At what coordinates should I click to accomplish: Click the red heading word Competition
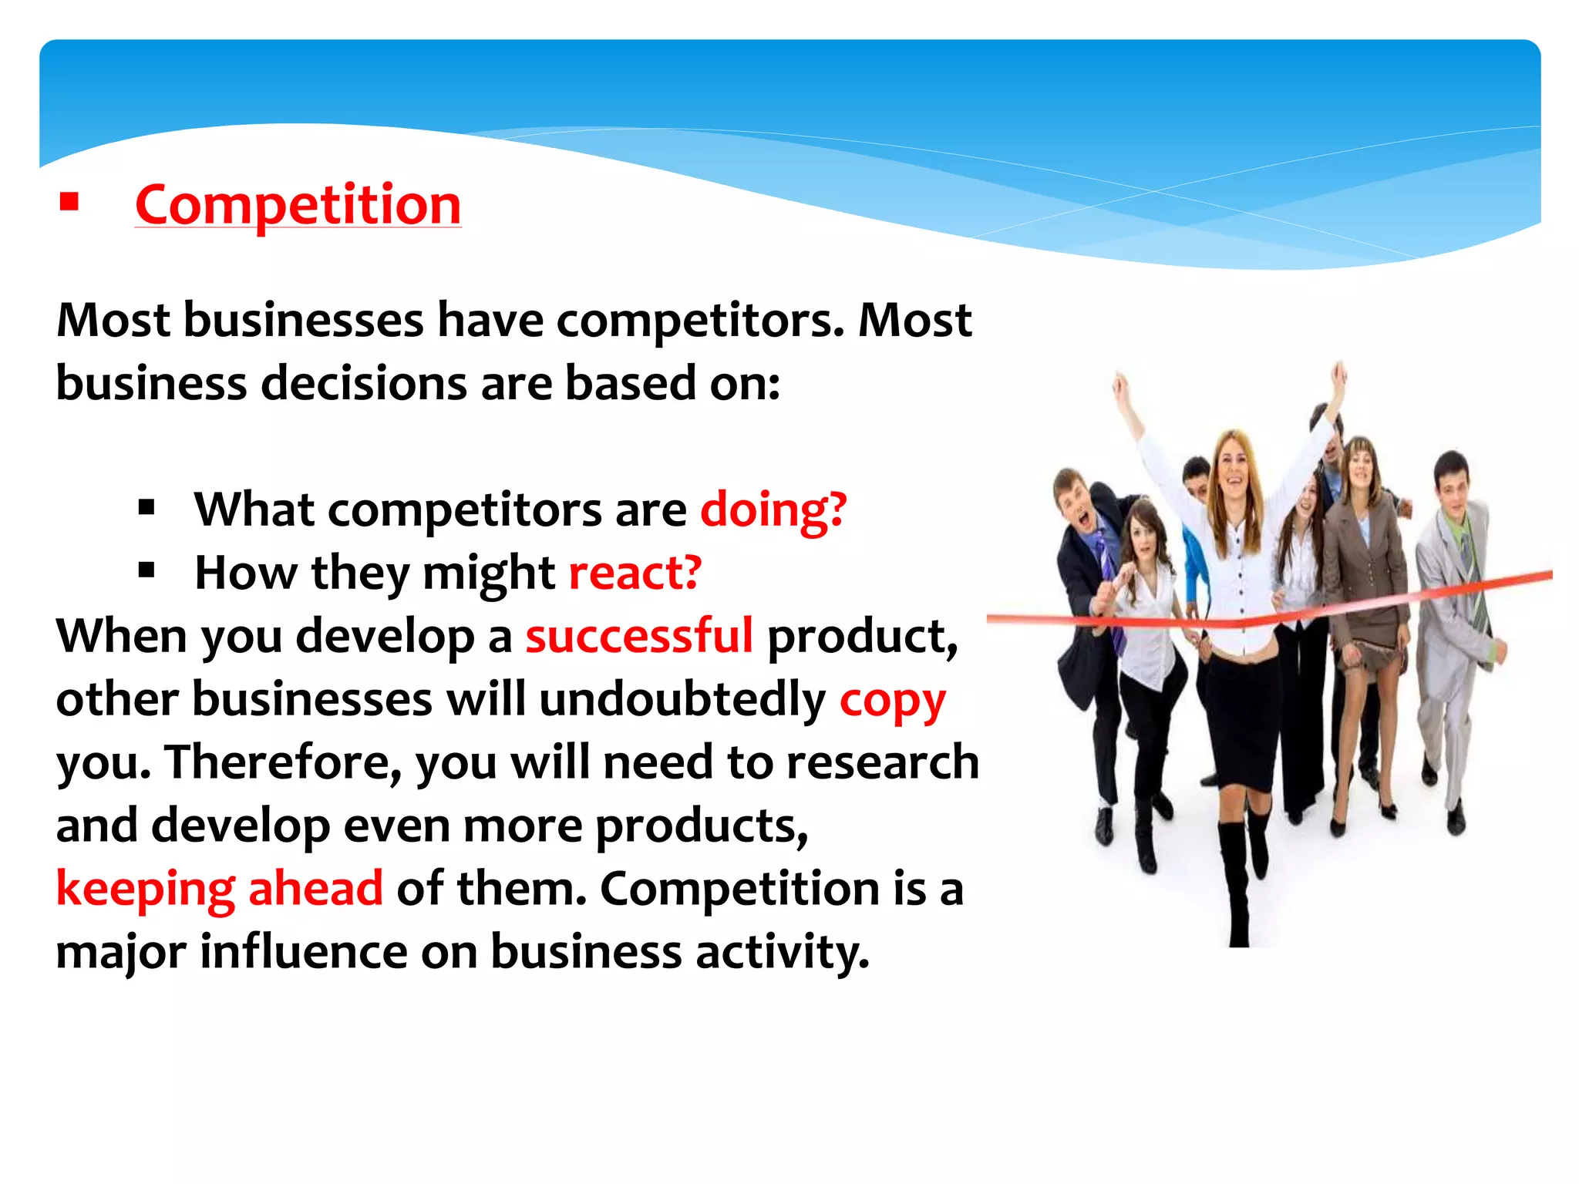298,205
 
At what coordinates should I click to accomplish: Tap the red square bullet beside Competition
69,203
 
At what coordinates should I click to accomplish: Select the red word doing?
773,510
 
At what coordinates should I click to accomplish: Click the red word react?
635,573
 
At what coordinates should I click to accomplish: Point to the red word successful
638,637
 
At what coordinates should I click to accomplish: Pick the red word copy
892,701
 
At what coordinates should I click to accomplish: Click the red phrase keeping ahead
220,889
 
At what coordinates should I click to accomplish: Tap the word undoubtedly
682,700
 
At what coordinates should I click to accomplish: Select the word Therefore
282,763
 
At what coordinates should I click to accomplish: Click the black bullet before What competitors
146,508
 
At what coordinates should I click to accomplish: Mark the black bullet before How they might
146,571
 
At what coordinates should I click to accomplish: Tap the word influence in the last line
303,952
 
